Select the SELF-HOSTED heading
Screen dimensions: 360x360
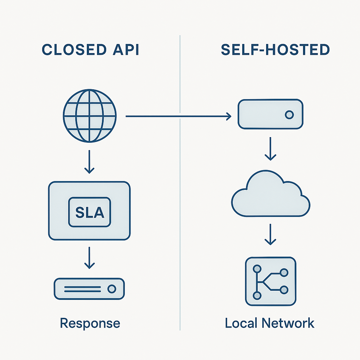pyautogui.click(x=275, y=50)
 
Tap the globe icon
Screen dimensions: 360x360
pyautogui.click(x=90, y=116)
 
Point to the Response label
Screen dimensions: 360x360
pyautogui.click(x=90, y=323)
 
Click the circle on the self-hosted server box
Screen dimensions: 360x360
pyautogui.click(x=289, y=115)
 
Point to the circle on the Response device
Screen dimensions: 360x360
pyautogui.click(x=111, y=289)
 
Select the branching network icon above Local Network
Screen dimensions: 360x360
pyautogui.click(x=270, y=281)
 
